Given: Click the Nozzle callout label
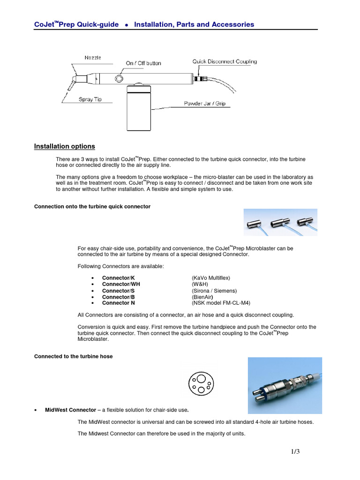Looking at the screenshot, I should (x=92, y=58).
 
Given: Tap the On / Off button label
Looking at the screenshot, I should (x=143, y=63).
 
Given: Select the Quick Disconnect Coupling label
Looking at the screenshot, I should (x=225, y=61).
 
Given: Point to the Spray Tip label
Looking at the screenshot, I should (x=90, y=99).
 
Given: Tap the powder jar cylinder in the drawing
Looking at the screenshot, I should (x=139, y=110).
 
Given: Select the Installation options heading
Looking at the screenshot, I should (x=64, y=146).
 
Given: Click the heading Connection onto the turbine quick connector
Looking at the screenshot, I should (x=92, y=206).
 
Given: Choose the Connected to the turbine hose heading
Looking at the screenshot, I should (x=73, y=356).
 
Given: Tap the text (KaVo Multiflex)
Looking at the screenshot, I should (x=211, y=278).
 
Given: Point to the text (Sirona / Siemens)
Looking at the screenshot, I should (x=214, y=291).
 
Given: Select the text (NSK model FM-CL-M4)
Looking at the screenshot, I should (x=222, y=303).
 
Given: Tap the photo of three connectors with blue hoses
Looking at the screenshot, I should (x=280, y=223).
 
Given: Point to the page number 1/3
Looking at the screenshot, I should (x=294, y=452).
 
